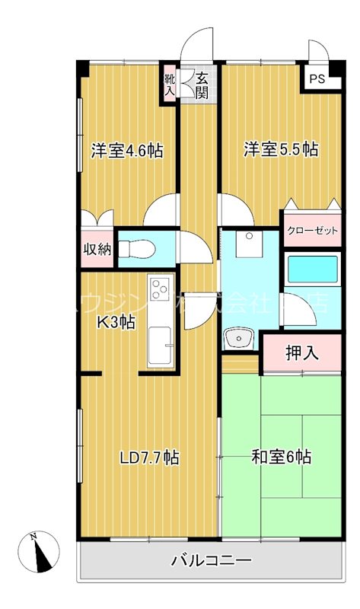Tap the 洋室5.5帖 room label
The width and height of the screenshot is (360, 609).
tap(281, 150)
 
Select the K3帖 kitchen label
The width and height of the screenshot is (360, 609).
tap(116, 322)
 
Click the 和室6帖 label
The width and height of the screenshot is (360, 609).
tap(281, 458)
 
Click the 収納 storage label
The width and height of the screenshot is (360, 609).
tap(97, 249)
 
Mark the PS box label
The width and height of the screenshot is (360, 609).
tap(315, 78)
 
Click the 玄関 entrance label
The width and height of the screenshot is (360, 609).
tap(202, 84)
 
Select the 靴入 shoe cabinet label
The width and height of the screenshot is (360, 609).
tap(169, 84)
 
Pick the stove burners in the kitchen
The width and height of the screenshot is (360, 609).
tap(161, 290)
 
